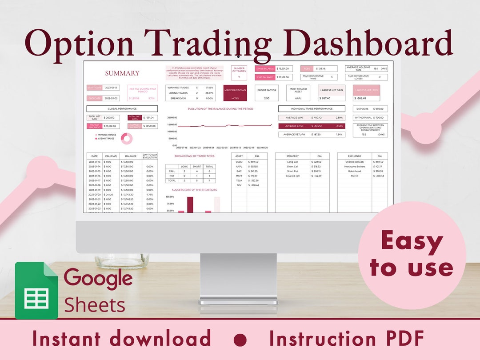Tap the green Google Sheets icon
[36, 290]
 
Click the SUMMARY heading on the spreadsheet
[122, 73]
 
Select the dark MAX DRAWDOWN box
[235, 93]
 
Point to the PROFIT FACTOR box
[267, 93]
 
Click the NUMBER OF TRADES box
[239, 73]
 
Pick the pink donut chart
[127, 139]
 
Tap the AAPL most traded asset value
[298, 98]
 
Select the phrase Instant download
[121, 339]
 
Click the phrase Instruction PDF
[347, 339]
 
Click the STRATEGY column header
[292, 156]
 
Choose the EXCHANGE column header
[354, 156]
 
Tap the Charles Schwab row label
[354, 162]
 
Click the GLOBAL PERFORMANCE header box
[122, 108]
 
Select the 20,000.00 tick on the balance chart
[172, 118]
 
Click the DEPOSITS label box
[362, 109]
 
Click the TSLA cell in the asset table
[239, 180]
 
